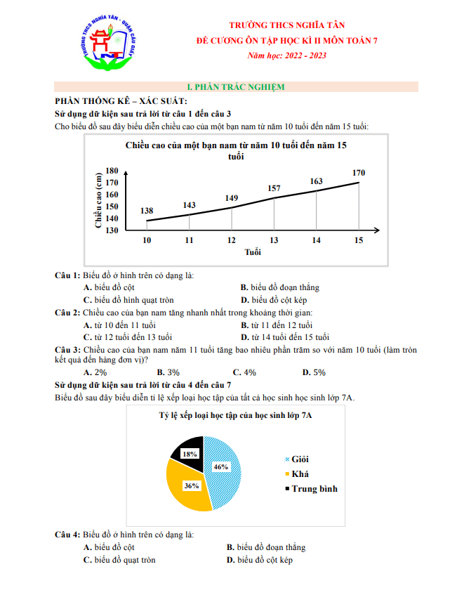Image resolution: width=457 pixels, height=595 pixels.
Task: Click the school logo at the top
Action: point(107,44)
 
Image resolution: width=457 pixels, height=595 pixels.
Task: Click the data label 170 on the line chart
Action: point(359,173)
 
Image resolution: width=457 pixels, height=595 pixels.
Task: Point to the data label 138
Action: point(147,211)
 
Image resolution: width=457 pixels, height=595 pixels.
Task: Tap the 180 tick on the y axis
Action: point(112,171)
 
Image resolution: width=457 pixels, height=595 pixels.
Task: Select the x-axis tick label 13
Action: point(274,240)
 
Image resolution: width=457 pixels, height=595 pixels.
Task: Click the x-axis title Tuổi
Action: point(253,251)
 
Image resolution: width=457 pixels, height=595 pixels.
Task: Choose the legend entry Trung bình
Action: point(314,488)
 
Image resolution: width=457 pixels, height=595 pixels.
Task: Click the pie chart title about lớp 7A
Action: point(235,416)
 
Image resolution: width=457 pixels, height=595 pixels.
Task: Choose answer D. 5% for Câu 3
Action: point(314,372)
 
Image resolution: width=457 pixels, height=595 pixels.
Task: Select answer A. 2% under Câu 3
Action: point(95,372)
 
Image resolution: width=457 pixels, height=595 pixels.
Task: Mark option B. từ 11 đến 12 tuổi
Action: point(277,325)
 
